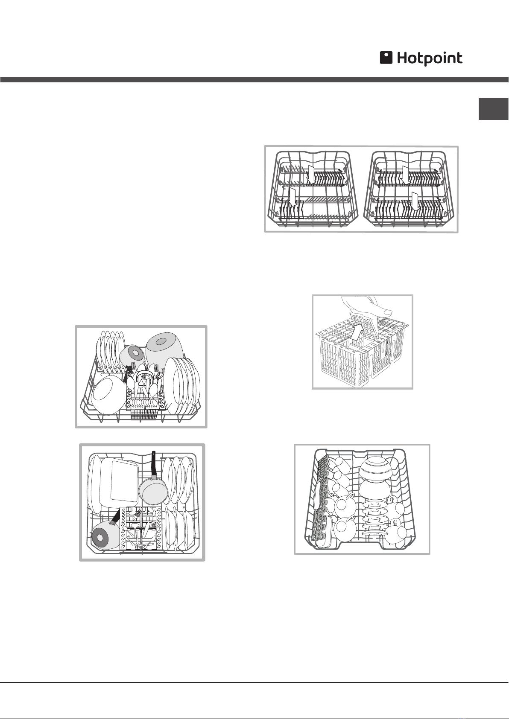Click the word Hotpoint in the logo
tap(430, 58)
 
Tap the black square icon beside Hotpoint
tap(386, 58)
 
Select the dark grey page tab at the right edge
tap(494, 109)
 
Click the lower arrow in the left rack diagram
tap(292, 198)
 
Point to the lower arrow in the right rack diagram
tap(415, 201)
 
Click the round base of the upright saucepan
tap(153, 493)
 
